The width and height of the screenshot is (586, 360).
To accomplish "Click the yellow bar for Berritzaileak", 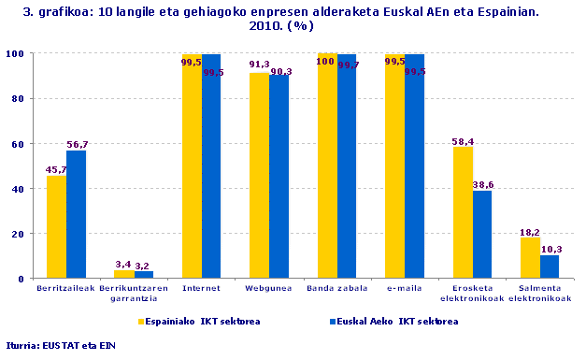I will click(x=56, y=227).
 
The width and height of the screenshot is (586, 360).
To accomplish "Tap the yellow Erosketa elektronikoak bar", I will click(x=463, y=213).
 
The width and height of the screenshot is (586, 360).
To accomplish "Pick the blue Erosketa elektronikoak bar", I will click(x=482, y=235).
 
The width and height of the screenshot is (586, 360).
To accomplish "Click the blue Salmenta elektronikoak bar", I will click(x=550, y=266).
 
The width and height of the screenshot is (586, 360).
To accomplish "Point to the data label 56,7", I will click(x=78, y=144).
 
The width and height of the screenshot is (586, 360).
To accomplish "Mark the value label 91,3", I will click(x=259, y=65).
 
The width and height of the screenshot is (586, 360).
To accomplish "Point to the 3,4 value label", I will click(x=123, y=265).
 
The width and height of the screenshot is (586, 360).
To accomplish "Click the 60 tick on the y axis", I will click(x=16, y=144).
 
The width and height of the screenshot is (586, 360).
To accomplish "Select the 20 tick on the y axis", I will click(x=16, y=234).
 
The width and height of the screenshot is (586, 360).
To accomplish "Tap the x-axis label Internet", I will click(x=201, y=289).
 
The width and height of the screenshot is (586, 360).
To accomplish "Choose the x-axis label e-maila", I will click(x=404, y=289).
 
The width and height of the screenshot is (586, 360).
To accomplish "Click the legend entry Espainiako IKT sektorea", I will click(x=199, y=321).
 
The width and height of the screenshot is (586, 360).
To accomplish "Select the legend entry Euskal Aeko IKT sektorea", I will click(x=363, y=321).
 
